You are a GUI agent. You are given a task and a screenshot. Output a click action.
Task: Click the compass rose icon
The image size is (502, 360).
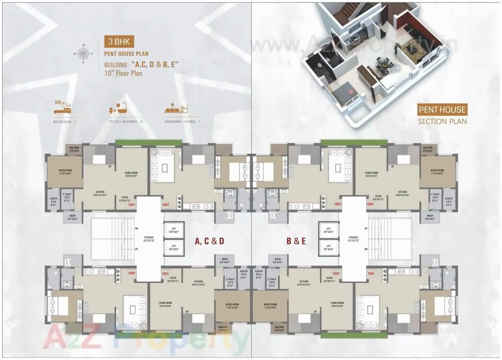pyautogui.click(x=83, y=53)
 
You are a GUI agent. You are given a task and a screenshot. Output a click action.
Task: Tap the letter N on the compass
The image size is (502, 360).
pyautogui.click(x=83, y=45)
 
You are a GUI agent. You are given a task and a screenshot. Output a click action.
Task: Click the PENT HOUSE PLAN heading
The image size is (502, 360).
pyautogui.click(x=126, y=54)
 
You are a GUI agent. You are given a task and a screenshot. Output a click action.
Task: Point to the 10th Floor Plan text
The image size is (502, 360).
pyautogui.click(x=123, y=73)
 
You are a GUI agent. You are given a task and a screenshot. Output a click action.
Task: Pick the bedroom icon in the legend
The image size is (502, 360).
pyautogui.click(x=63, y=107)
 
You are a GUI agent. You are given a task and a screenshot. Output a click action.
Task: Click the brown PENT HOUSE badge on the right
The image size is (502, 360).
pyautogui.click(x=442, y=110)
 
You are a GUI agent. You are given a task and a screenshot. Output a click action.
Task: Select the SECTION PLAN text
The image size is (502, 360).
pyautogui.click(x=442, y=121)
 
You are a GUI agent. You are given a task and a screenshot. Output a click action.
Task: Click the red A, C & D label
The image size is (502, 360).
pyautogui.click(x=210, y=241)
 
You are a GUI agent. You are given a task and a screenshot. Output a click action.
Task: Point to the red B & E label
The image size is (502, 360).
pyautogui.click(x=296, y=241)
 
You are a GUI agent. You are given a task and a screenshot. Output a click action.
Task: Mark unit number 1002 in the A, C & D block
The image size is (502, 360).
pyautogui.click(x=166, y=205)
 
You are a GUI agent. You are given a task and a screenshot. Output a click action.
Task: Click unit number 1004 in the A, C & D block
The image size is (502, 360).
pyautogui.click(x=132, y=273)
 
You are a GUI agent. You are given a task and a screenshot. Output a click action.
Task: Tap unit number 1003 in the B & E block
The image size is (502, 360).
pyautogui.click(x=337, y=205)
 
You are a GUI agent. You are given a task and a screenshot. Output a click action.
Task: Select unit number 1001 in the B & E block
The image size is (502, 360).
pyautogui.click(x=371, y=273)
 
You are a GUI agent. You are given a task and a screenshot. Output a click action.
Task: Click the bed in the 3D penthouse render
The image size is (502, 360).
pyautogui.click(x=344, y=92)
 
